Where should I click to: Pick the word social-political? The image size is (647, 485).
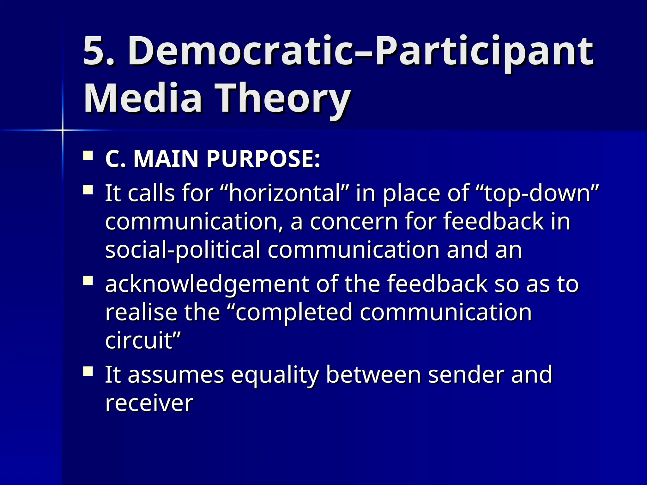pos(182,249)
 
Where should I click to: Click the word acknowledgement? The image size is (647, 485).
pos(207,284)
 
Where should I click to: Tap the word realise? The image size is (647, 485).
pos(141,312)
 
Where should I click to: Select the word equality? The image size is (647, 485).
pos(275,374)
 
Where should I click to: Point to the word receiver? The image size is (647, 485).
pos(149,403)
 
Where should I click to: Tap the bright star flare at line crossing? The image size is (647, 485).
pos(63,130)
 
